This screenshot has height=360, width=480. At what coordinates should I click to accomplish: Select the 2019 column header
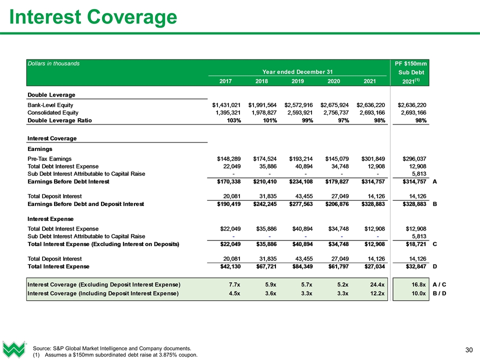coord(298,81)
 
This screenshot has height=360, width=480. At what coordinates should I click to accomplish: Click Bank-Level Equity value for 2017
coord(226,105)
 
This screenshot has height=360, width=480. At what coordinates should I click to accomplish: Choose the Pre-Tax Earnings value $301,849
coord(370,158)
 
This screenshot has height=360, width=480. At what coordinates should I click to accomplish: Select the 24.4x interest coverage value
coord(377,284)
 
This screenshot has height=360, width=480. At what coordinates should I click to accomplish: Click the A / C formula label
coord(439,284)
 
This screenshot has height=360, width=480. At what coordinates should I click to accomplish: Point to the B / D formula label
coord(439,293)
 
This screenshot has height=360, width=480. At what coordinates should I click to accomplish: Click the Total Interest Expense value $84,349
coord(298,267)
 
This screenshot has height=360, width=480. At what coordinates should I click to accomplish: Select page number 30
coord(469,348)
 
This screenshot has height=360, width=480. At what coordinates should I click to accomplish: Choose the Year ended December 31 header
coord(298,71)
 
